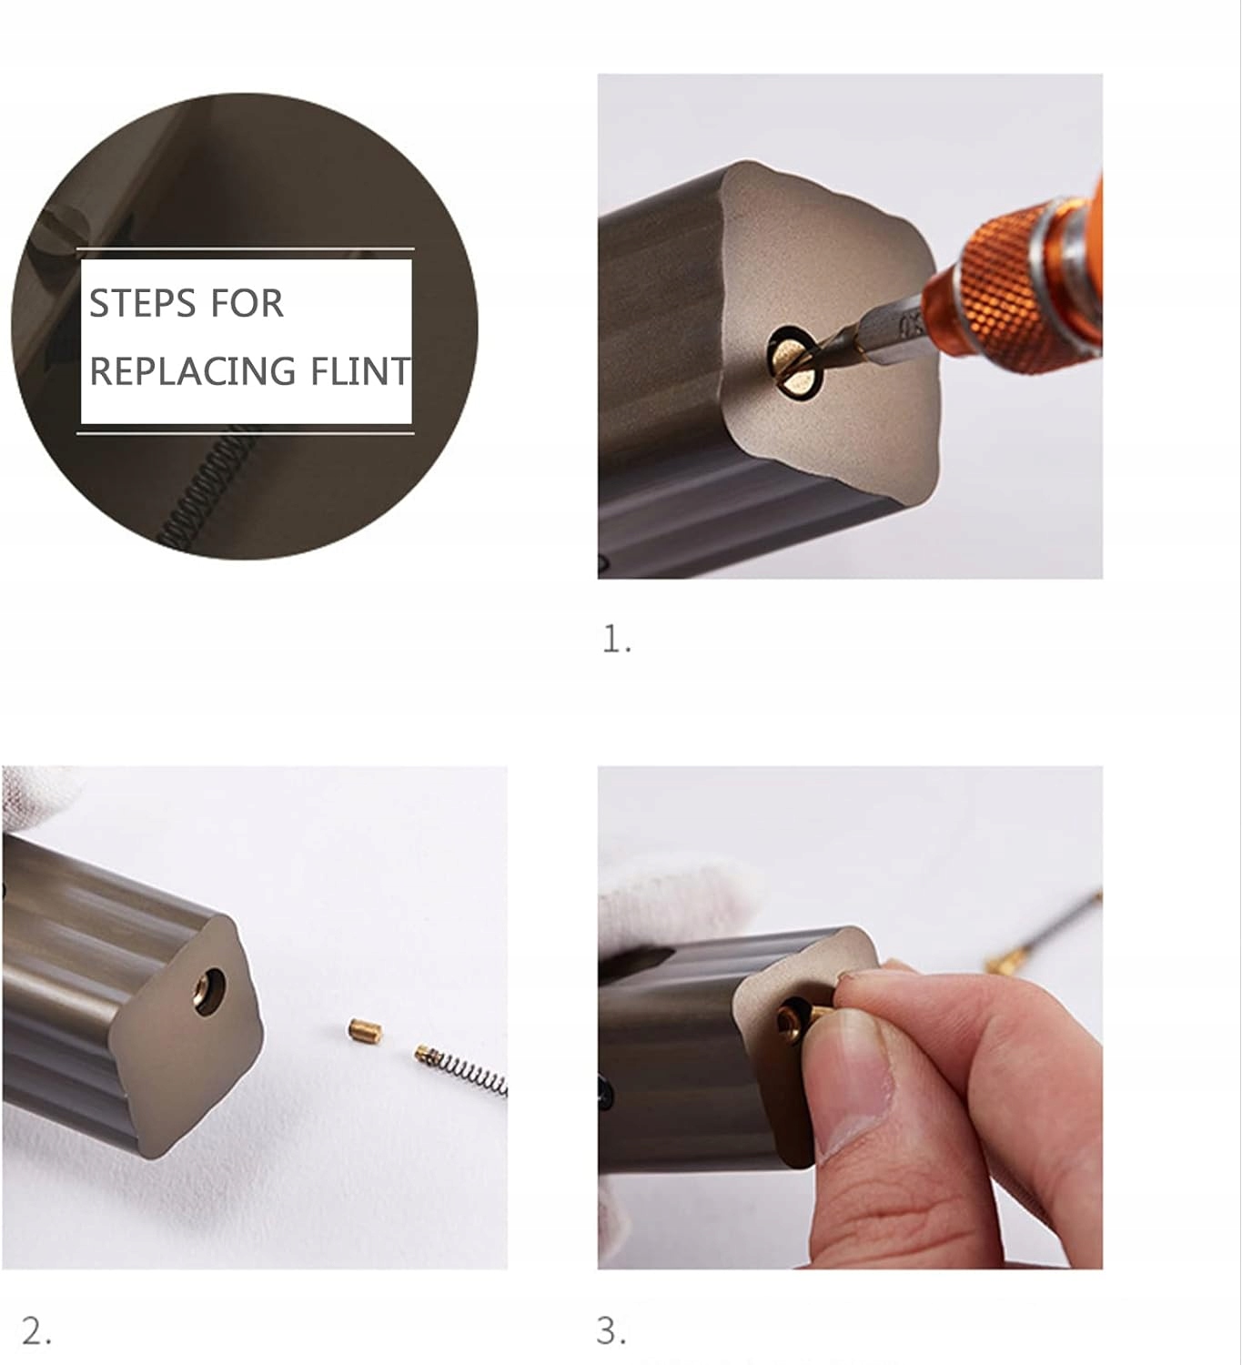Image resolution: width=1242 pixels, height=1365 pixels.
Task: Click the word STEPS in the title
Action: click(x=139, y=303)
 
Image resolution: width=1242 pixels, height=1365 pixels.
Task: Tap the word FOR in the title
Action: click(x=247, y=303)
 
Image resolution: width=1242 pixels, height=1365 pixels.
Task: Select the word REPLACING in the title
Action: click(x=193, y=371)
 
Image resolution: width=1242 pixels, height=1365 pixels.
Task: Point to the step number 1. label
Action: click(x=617, y=641)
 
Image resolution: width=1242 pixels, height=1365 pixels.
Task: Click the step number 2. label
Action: click(x=36, y=1331)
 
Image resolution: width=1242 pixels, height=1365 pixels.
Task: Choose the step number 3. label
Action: click(x=611, y=1331)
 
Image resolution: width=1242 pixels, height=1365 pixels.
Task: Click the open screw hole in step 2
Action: click(x=208, y=992)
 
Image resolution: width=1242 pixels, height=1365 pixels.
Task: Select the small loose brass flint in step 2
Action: click(x=366, y=1031)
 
